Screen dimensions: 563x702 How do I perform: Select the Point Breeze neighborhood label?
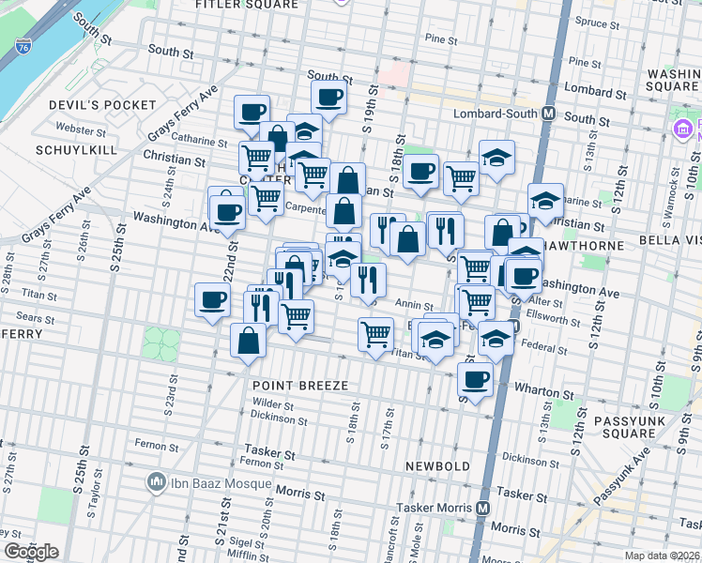coord(300,386)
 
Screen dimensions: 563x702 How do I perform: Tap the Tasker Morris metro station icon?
coord(483,508)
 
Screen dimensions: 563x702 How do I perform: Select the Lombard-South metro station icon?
coord(549,114)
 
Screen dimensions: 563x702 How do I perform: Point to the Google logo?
coord(31,552)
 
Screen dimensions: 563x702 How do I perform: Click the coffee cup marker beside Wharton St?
coord(476,379)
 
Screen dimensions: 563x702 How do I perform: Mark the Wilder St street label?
coord(274,405)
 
